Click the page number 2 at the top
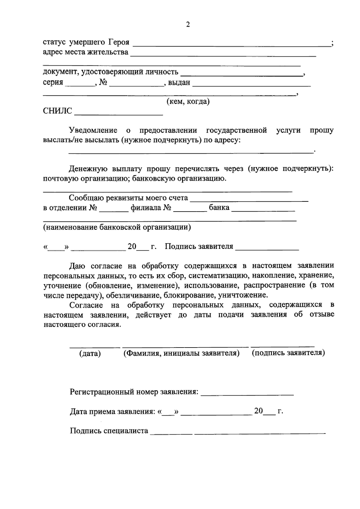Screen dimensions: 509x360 (x=188, y=25)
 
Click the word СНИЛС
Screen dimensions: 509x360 (x=58, y=111)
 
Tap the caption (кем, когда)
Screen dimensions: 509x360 (x=188, y=102)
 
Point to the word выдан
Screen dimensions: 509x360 (x=179, y=83)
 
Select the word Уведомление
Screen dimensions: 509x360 (x=93, y=130)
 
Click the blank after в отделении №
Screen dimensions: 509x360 (x=114, y=210)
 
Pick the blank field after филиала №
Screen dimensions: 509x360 (x=190, y=210)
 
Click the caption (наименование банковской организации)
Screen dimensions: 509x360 (x=117, y=227)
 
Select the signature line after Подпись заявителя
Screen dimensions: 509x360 (x=267, y=249)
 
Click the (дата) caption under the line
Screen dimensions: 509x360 (x=90, y=354)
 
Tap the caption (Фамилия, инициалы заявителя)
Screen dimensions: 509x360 (x=181, y=353)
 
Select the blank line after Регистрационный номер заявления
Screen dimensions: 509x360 (x=247, y=394)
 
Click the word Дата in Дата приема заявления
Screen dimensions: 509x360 (x=79, y=411)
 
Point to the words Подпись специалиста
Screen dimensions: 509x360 (x=109, y=431)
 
